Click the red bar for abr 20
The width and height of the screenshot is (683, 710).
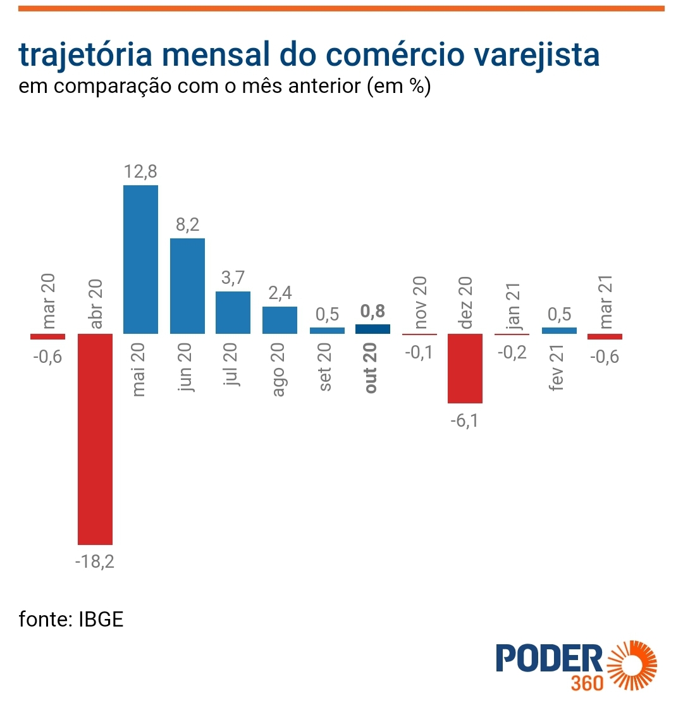tap(95, 439)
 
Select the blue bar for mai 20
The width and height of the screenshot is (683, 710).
tap(140, 259)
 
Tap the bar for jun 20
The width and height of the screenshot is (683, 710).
tap(187, 286)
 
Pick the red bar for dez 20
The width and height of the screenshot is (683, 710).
tap(465, 368)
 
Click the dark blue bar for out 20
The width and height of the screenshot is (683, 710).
tap(372, 329)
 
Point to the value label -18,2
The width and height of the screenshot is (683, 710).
tap(95, 561)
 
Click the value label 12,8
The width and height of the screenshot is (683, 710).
tap(140, 171)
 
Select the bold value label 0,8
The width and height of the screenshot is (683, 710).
tap(372, 311)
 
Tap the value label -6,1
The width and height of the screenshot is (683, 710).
tap(465, 420)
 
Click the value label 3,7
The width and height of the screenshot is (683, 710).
tap(233, 278)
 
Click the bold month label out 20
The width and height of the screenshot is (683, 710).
tap(371, 368)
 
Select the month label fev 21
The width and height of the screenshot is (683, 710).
tap(557, 368)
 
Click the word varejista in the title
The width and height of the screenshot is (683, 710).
tap(536, 55)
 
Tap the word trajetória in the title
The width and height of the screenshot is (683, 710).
tap(85, 55)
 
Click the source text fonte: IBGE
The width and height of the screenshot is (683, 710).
tap(71, 618)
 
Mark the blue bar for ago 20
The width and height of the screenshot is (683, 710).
tap(280, 320)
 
